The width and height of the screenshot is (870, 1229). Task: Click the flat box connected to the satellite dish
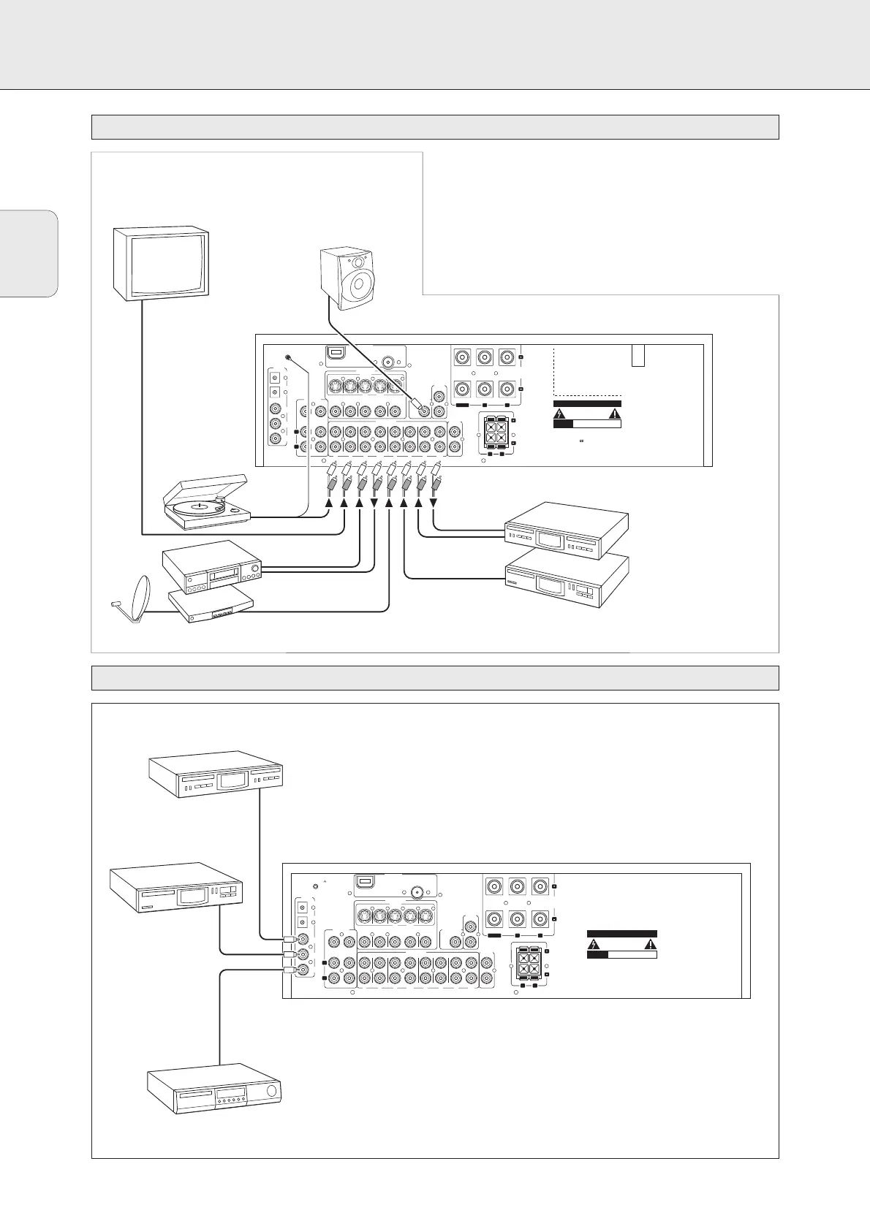[x=211, y=606]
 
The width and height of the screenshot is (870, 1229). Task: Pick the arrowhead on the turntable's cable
[x=330, y=504]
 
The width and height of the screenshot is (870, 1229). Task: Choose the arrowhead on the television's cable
[x=344, y=504]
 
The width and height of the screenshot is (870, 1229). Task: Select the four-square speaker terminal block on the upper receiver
[x=496, y=430]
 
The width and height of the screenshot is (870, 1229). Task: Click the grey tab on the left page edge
[x=29, y=254]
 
